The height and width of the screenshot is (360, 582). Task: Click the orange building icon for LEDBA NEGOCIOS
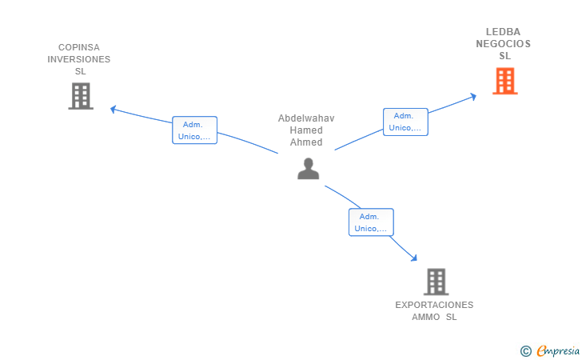pos(504,81)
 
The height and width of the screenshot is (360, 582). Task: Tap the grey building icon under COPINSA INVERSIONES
pos(81,96)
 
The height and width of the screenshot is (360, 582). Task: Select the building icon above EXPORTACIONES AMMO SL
pos(436,282)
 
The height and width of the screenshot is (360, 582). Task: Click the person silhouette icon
pos(308,169)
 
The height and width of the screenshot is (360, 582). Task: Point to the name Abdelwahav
pos(306,118)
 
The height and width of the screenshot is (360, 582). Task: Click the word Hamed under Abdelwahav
pos(306,130)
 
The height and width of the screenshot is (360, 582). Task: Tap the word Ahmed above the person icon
pos(306,142)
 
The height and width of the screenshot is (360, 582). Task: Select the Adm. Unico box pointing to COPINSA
pos(194,130)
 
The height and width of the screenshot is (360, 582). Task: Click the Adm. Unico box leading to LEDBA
pos(405,122)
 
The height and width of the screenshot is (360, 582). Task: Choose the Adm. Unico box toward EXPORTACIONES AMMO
pos(371,222)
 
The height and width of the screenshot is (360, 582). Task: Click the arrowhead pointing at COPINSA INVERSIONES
pos(114,109)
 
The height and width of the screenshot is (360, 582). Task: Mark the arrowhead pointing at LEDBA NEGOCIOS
pos(473,97)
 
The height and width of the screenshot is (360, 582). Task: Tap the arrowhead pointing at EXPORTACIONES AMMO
pos(414,258)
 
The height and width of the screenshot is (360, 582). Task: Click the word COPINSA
pos(79,47)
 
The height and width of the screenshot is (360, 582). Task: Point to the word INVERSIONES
pos(78,59)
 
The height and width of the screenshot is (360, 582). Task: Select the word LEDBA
pos(504,32)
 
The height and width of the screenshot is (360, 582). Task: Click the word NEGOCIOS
pos(504,44)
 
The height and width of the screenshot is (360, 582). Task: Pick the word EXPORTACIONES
pos(434,305)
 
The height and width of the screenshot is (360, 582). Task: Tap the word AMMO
pos(426,317)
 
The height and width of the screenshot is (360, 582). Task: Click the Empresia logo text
pos(558,350)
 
